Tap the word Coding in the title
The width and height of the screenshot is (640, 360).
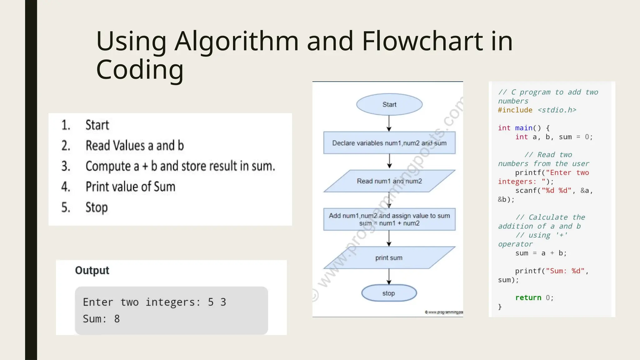click(140, 69)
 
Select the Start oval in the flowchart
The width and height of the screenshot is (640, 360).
click(389, 104)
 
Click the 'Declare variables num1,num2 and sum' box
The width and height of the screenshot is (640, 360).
click(389, 143)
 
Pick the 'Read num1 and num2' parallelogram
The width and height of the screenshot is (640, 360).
click(389, 181)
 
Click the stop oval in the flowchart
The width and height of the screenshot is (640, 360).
click(389, 293)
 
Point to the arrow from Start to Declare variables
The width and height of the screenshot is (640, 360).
click(389, 123)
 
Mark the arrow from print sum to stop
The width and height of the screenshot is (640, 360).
click(389, 276)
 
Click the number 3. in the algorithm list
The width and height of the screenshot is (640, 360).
click(66, 166)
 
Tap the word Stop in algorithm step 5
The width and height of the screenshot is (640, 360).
click(97, 207)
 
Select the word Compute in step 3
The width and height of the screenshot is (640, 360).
click(108, 166)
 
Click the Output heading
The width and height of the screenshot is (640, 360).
click(92, 270)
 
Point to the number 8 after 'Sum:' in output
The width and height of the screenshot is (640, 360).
click(117, 319)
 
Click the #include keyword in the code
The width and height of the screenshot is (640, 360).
click(515, 110)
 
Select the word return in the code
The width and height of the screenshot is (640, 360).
click(528, 297)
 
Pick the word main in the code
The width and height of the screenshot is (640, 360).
click(524, 128)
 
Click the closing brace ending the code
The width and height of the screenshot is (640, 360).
click(500, 307)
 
